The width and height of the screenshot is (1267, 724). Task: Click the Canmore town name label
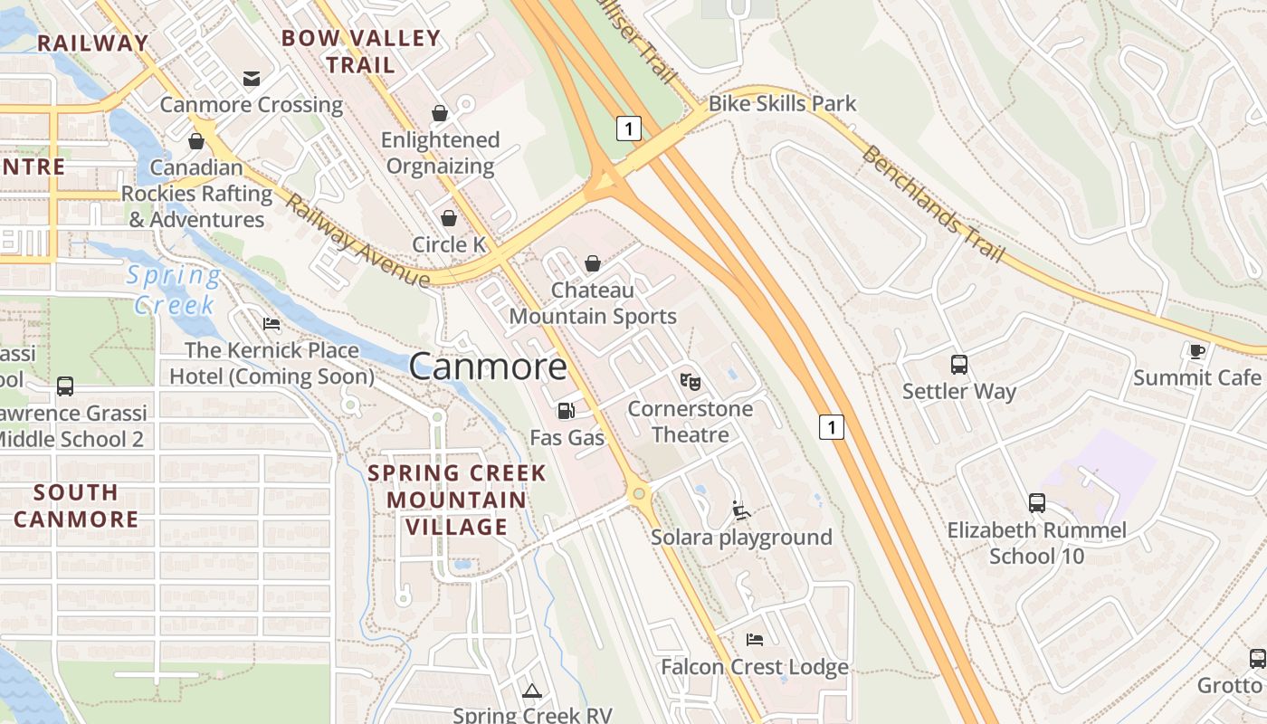tap(488, 367)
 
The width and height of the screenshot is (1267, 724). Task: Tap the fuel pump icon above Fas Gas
tap(567, 411)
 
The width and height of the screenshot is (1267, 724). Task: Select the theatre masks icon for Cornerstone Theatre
tap(690, 382)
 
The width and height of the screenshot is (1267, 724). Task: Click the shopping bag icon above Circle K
tap(448, 218)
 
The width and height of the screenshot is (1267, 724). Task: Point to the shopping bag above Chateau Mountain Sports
tap(593, 263)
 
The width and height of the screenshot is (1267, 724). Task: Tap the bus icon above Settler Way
tap(959, 365)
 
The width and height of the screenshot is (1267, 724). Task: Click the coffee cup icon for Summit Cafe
tap(1197, 351)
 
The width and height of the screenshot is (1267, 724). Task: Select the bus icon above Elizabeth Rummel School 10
tap(1037, 503)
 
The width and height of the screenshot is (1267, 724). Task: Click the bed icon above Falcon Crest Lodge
tap(755, 640)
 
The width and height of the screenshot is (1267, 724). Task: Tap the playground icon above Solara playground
tap(741, 510)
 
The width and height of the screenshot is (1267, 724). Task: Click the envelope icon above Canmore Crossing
tap(252, 79)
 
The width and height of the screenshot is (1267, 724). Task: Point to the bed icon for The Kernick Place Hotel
tap(271, 324)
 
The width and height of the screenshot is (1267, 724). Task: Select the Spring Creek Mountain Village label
tap(457, 500)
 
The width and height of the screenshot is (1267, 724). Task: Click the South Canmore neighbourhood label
tap(76, 506)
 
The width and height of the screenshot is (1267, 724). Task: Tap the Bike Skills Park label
tap(782, 104)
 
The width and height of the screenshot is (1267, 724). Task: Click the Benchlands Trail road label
tap(933, 204)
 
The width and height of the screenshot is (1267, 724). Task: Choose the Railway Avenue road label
tap(357, 240)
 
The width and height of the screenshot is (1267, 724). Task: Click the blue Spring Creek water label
tap(174, 290)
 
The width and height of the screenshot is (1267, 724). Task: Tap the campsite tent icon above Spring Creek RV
tap(531, 691)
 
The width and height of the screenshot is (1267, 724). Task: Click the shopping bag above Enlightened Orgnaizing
tap(440, 113)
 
